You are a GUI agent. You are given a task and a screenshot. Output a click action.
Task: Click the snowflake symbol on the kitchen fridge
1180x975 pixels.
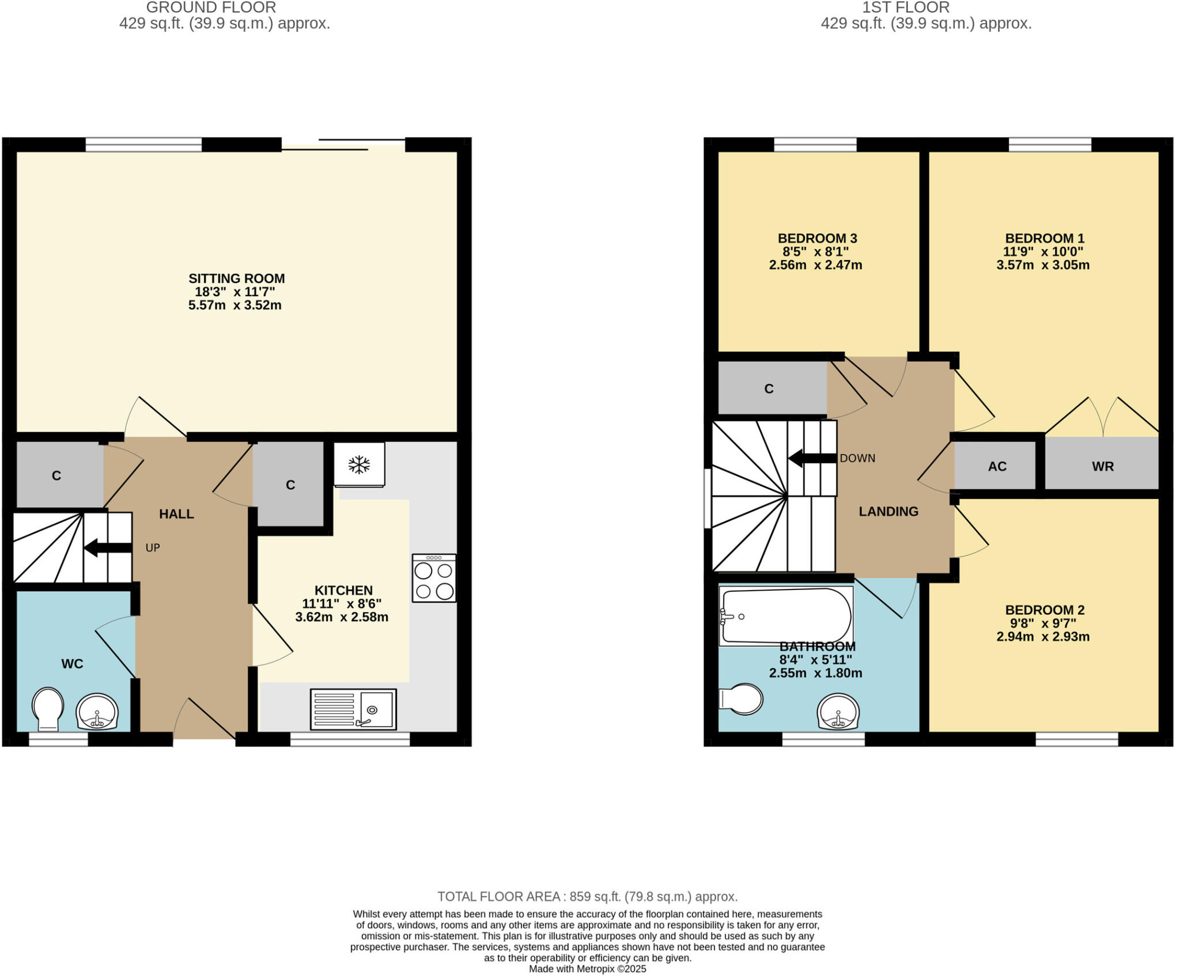point(360,464)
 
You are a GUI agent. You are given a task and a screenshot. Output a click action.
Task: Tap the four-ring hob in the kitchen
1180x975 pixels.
point(434,578)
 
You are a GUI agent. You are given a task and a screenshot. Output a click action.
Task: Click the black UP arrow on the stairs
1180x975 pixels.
point(108,547)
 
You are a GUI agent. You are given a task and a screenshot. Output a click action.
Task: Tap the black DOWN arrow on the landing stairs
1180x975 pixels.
point(812,459)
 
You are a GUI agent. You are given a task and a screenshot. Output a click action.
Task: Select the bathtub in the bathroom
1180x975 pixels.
point(786,616)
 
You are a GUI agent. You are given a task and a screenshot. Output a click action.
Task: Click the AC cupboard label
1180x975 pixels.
point(997,466)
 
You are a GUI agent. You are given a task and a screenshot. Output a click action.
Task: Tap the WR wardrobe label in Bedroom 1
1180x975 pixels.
point(1102,466)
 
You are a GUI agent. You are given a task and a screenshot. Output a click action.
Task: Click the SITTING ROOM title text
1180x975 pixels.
point(236,278)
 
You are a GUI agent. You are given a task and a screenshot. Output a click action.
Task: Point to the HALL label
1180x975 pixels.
point(176,513)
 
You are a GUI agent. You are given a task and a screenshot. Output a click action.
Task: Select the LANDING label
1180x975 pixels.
point(888,511)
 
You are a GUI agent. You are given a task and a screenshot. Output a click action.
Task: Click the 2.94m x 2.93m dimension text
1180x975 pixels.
point(1042,637)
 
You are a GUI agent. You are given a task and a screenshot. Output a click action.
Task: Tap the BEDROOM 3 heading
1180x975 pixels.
point(817,238)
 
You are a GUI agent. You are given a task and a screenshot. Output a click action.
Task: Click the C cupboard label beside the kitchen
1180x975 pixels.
point(290,485)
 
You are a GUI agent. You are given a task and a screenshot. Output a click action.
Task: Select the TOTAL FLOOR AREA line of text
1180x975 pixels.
point(587,897)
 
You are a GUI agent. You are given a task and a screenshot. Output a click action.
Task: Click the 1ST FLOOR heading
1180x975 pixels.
point(905,7)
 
